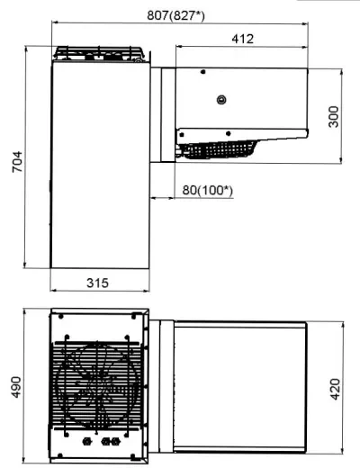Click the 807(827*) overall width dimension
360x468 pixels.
click(x=175, y=15)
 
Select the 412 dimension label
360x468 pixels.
click(x=243, y=39)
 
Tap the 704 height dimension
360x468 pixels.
click(x=17, y=162)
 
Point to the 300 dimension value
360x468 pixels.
click(x=333, y=117)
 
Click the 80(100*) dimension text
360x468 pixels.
click(x=207, y=190)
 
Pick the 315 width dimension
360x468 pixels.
click(x=97, y=283)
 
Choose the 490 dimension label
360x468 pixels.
click(x=17, y=387)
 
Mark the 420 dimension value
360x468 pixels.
click(x=335, y=389)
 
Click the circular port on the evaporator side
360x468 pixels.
click(x=221, y=99)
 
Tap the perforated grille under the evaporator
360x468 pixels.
click(x=219, y=149)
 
